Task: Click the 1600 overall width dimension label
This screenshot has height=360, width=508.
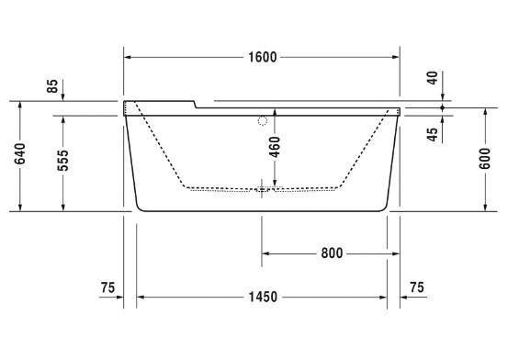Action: click(x=262, y=57)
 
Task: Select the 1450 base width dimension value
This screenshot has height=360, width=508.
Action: click(x=262, y=298)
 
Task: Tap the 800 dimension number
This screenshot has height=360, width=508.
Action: click(x=332, y=253)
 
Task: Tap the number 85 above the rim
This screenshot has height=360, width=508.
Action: click(x=53, y=87)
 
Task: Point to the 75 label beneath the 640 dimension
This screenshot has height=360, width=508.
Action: click(x=107, y=288)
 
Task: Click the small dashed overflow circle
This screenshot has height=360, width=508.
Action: click(x=263, y=120)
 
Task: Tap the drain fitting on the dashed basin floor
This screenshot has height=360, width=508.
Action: click(x=263, y=191)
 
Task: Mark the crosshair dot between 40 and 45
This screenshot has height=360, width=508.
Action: click(x=444, y=107)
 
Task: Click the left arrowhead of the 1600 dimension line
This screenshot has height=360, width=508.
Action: click(x=129, y=57)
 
